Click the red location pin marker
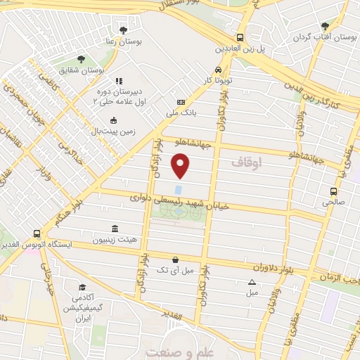click(x=181, y=166)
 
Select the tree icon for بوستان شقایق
click(x=80, y=59)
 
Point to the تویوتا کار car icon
click(x=219, y=70)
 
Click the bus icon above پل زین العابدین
click(x=240, y=37)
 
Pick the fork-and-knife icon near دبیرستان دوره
click(x=119, y=81)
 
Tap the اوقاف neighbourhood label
click(x=245, y=162)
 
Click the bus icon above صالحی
click(x=333, y=191)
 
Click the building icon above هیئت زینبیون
click(x=115, y=229)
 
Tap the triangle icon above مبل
click(x=252, y=283)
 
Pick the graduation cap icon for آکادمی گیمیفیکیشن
click(x=82, y=288)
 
